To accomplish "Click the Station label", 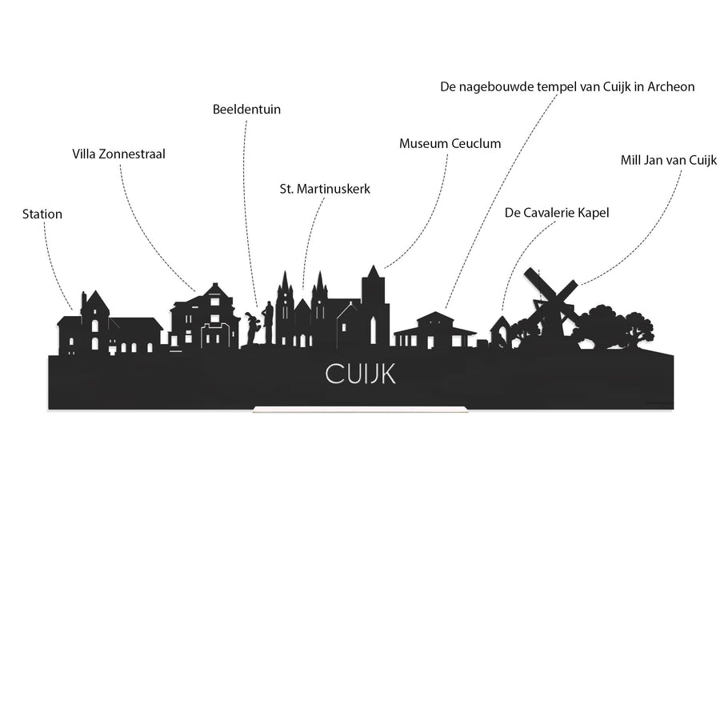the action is pos(42,214).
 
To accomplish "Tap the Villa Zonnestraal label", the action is pos(119,154).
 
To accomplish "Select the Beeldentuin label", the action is pos(246,110).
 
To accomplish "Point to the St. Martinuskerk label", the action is pos(325,189).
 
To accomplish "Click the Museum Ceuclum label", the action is pos(450,143).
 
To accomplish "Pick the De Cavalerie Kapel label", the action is pos(557,213).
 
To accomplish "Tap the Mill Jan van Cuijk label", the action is pos(669,160).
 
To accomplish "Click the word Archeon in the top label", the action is pos(671,86).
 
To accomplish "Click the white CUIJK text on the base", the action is pos(361,374).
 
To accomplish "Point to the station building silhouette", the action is pos(110,326).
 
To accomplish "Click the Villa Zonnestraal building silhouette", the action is pos(205,317).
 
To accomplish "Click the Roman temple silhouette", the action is pos(435,330).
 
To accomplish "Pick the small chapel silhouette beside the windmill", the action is pos(501,331).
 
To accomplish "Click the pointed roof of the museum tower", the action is pos(374,272).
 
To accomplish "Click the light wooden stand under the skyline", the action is pos(361,410).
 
